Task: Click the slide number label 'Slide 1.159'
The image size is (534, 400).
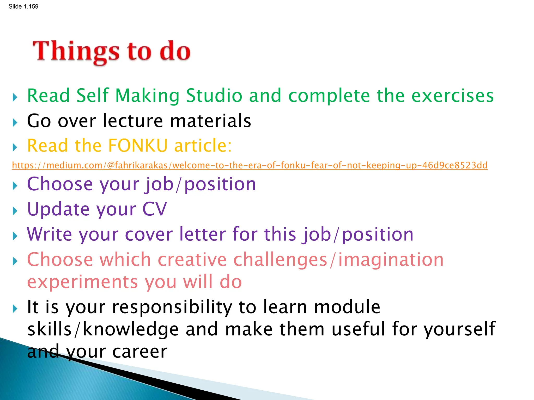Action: click(23, 7)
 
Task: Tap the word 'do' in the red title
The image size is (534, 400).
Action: click(175, 51)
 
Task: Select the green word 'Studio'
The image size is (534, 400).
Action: click(214, 95)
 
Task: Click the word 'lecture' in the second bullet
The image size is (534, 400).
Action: click(133, 121)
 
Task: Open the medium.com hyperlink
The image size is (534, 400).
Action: click(250, 165)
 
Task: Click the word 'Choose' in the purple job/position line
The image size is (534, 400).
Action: click(60, 184)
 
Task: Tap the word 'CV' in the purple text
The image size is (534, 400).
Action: click(154, 209)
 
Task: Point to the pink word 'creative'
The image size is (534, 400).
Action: click(192, 260)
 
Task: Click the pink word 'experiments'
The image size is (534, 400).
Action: click(82, 282)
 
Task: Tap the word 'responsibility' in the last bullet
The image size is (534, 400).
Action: click(172, 307)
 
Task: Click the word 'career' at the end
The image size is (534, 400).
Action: click(139, 352)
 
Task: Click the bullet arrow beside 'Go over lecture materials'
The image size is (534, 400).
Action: click(15, 122)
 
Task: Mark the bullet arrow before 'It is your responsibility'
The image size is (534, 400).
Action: click(15, 309)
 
